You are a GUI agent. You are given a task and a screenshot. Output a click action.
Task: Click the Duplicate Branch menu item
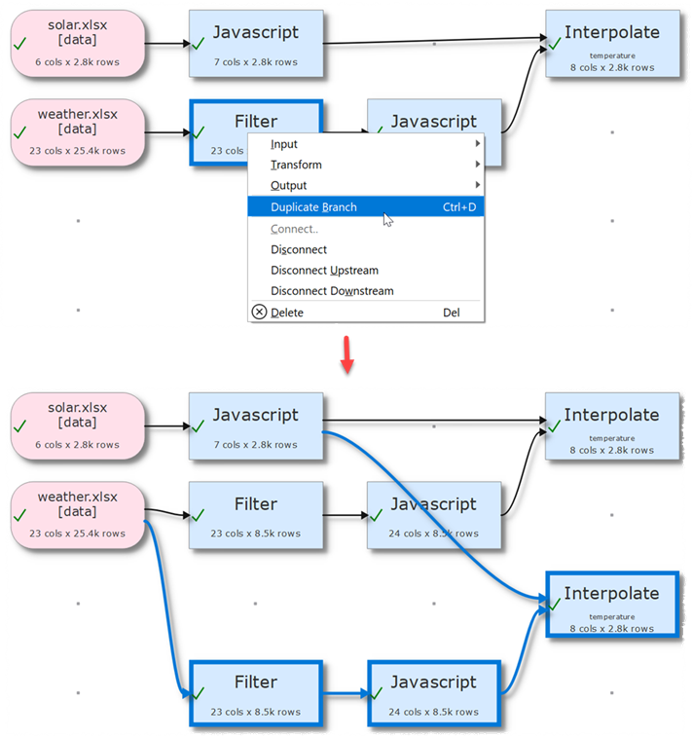[313, 207]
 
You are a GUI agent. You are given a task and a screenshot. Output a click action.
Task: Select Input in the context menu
[284, 144]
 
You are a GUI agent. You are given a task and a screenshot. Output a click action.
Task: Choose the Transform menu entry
[296, 166]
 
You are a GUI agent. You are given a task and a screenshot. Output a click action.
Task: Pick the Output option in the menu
[288, 186]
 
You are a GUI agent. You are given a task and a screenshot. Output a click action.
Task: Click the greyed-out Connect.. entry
[294, 229]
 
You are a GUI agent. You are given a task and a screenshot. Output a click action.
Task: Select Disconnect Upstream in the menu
[324, 271]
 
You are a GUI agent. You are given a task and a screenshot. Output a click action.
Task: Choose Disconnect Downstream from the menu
[332, 291]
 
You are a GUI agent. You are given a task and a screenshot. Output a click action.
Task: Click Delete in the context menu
[287, 313]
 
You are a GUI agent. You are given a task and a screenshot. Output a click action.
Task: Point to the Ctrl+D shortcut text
[459, 207]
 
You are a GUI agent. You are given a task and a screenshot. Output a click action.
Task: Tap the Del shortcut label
[451, 313]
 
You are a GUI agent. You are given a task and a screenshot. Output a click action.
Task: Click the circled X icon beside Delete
[259, 313]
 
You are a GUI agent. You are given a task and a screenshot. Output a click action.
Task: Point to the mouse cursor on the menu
[387, 220]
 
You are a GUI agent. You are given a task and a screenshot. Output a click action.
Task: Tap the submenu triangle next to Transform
[477, 166]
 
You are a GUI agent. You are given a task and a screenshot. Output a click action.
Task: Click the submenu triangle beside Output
[477, 186]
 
